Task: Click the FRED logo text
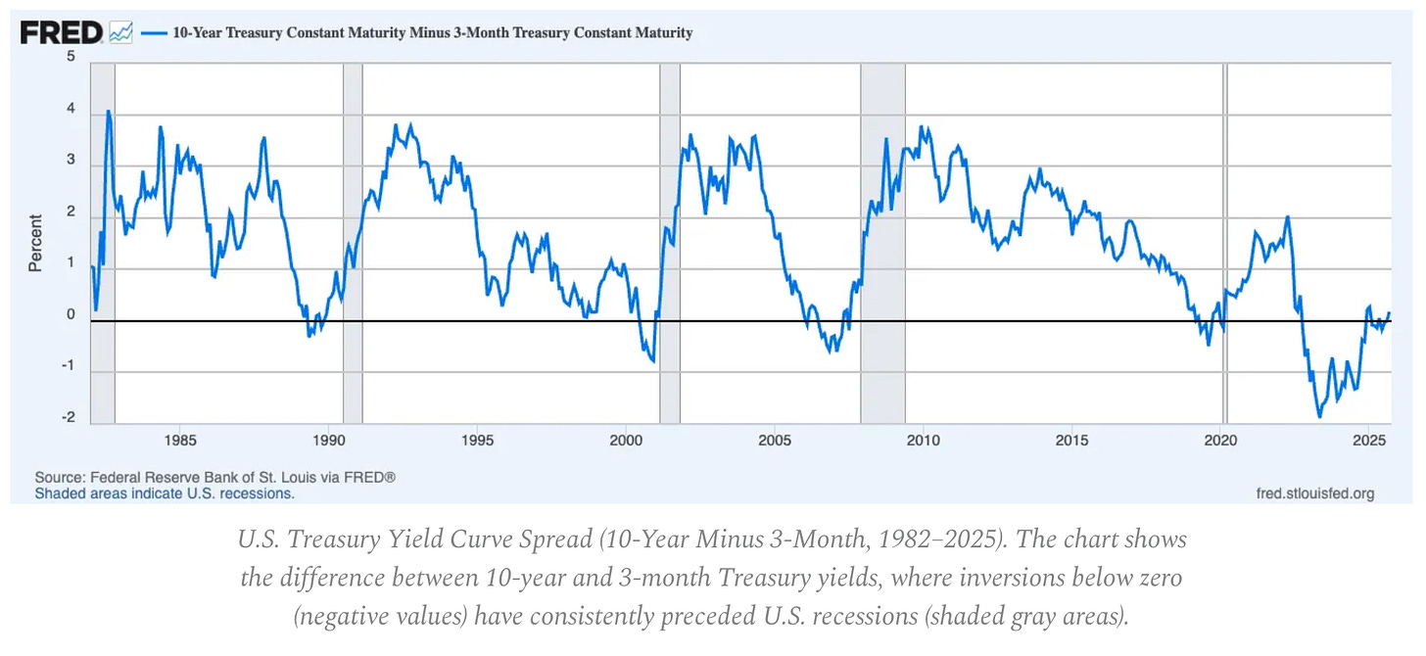[61, 33]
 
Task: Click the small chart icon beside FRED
[120, 33]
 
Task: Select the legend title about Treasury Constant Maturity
[432, 33]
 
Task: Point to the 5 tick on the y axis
[71, 58]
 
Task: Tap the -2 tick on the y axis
[68, 418]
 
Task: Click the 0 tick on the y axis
[71, 315]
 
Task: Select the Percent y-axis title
[35, 242]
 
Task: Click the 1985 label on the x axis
[179, 440]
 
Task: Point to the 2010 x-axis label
[924, 440]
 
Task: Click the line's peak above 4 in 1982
[108, 112]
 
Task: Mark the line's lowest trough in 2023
[1319, 416]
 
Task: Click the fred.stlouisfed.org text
[1314, 493]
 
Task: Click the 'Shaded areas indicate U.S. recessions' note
[165, 493]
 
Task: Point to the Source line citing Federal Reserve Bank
[215, 477]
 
